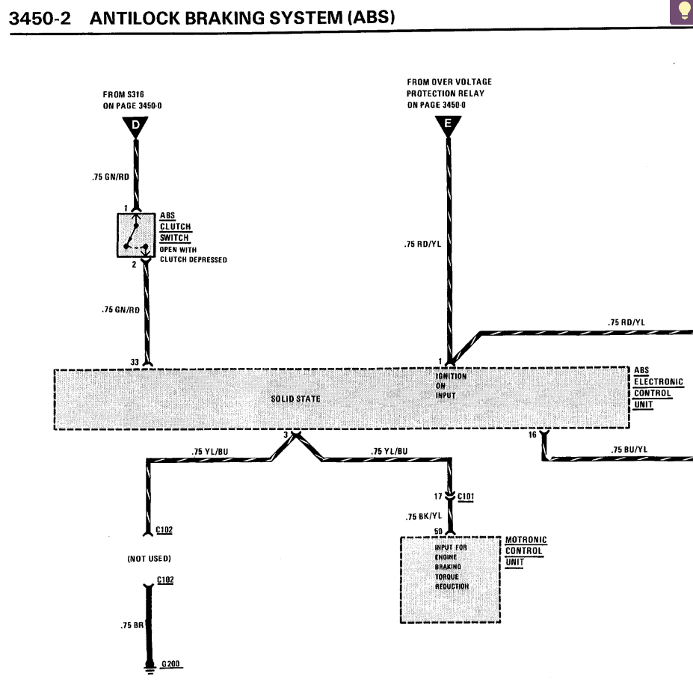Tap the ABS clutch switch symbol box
click(136, 235)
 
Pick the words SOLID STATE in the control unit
click(295, 399)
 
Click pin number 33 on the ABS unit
click(135, 362)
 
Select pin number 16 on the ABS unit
click(532, 434)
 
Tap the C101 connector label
click(466, 496)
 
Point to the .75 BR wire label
click(132, 626)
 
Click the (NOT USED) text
click(150, 559)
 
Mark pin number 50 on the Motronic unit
click(439, 532)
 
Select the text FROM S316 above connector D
click(123, 95)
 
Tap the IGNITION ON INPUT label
click(451, 385)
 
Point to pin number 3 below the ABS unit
click(286, 434)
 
